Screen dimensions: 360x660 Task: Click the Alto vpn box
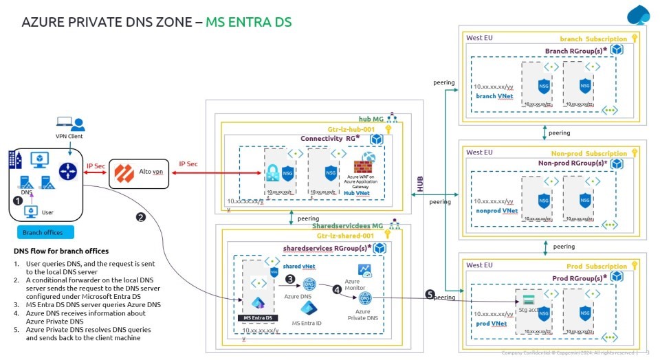coord(138,170)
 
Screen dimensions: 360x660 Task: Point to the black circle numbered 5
coord(430,295)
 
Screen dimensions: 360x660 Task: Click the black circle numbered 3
coord(290,279)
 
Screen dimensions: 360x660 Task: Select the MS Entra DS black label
coord(258,318)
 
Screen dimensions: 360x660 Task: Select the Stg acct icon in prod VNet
coord(529,301)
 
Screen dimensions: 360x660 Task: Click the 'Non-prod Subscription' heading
coord(588,153)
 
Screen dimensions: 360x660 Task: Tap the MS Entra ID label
coord(307,322)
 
